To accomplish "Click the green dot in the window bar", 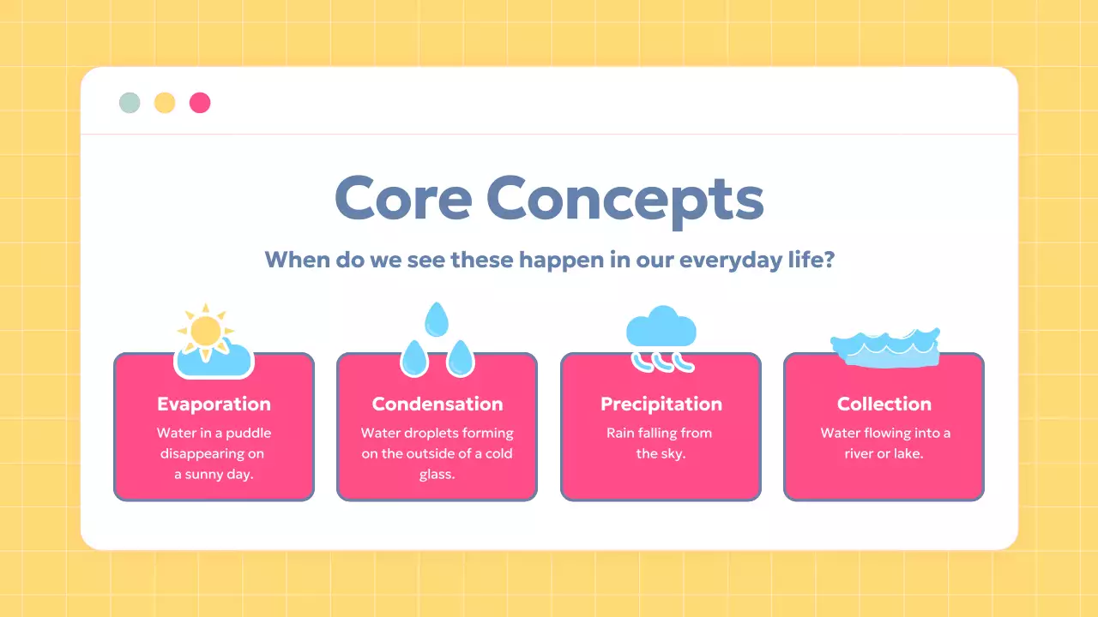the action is (130, 103).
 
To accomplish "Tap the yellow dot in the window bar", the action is (165, 103).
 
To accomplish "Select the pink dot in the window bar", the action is (200, 103).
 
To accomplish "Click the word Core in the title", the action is (403, 198).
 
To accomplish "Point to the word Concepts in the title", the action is (625, 201).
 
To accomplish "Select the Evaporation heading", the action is (214, 404).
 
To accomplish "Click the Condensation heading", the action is (437, 404).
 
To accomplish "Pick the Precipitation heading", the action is (661, 404).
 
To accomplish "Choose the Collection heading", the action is (884, 404).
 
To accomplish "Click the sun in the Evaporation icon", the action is (206, 332).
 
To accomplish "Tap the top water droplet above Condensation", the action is (437, 320).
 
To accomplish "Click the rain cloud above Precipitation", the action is (661, 327).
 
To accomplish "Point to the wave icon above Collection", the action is (885, 348).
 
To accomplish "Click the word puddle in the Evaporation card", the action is (249, 434).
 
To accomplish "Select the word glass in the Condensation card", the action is (437, 475).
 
